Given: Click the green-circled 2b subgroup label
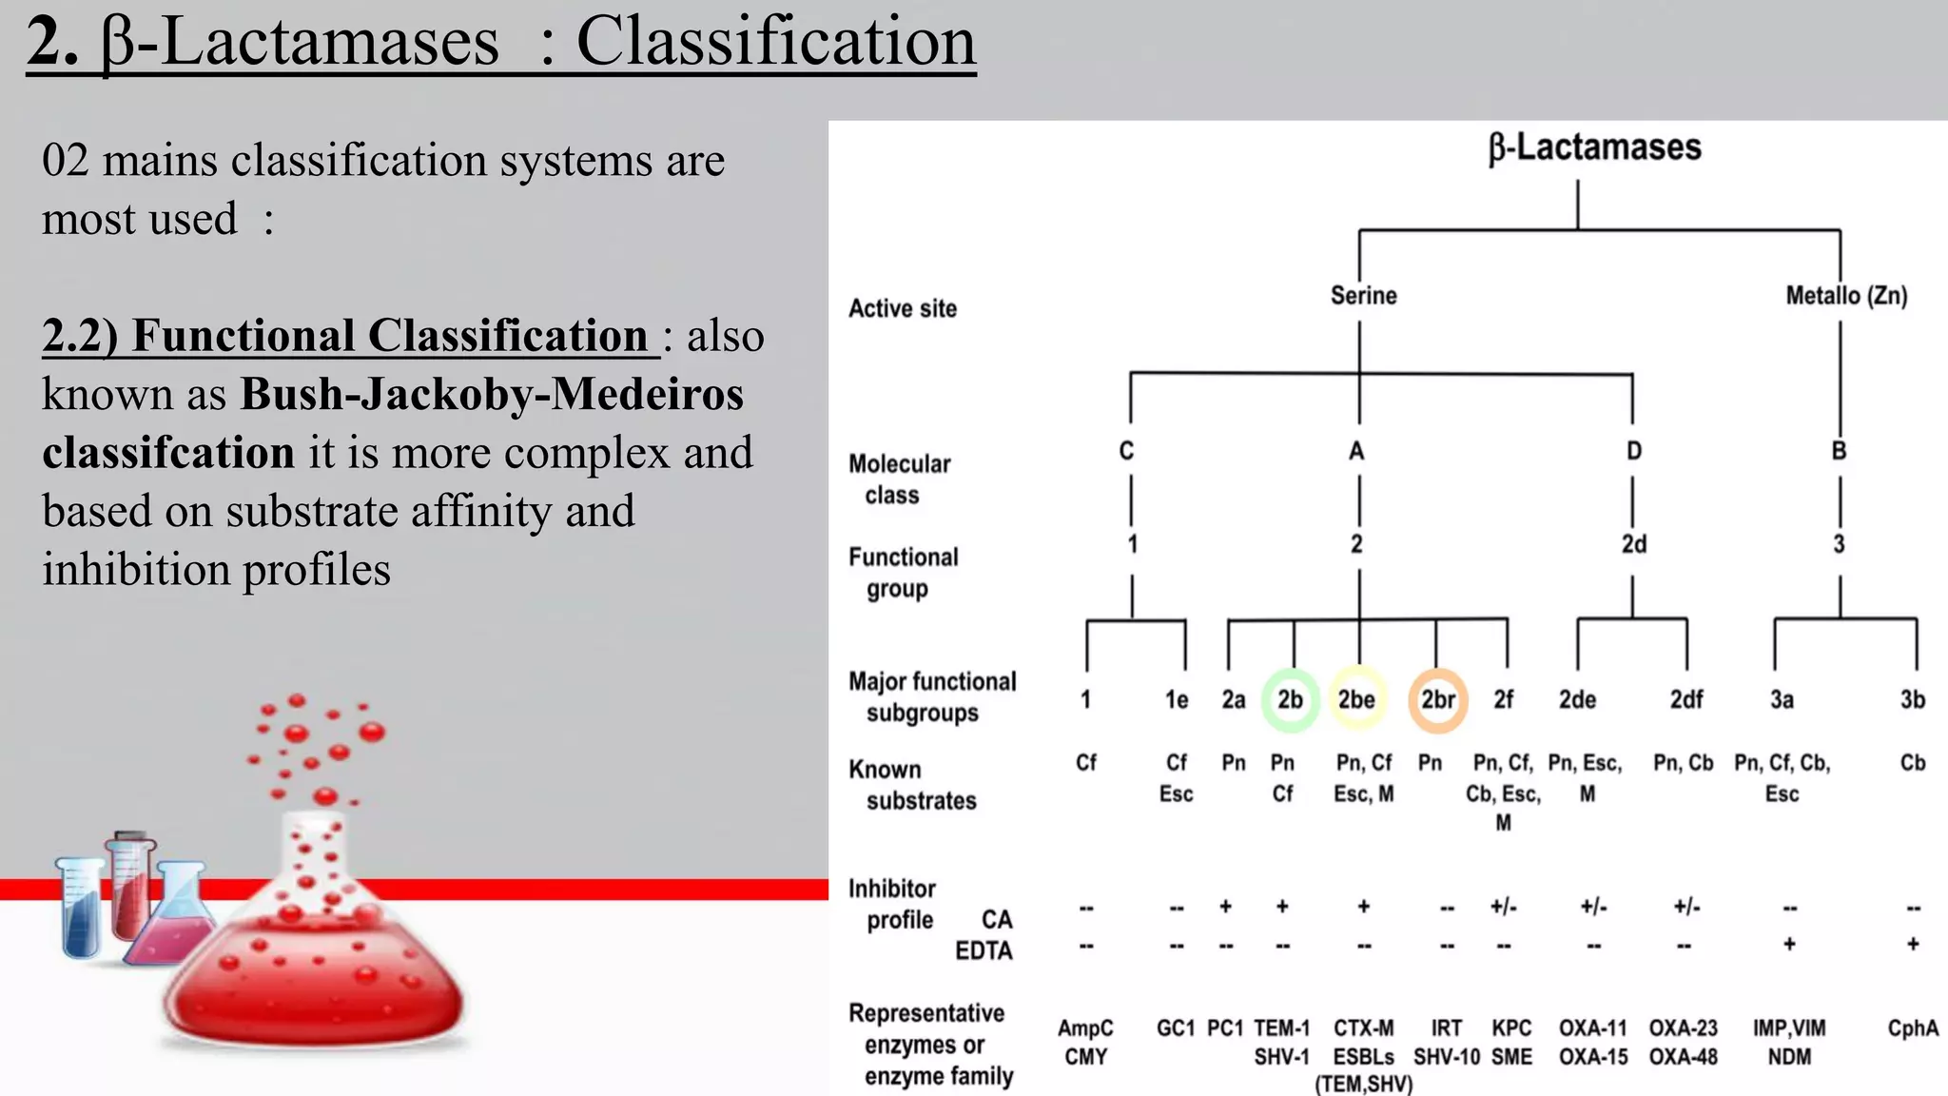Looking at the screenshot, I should pyautogui.click(x=1290, y=700).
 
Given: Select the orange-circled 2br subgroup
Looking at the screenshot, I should pyautogui.click(x=1437, y=700).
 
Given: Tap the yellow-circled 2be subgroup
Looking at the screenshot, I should pyautogui.click(x=1356, y=700).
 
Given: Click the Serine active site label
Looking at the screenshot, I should pyautogui.click(x=1363, y=296).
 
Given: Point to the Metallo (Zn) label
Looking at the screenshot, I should pyautogui.click(x=1845, y=296).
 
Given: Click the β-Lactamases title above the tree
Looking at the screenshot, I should pyautogui.click(x=1594, y=147).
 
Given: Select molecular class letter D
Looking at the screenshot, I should pyautogui.click(x=1633, y=451).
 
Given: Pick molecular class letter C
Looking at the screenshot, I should pyautogui.click(x=1126, y=451).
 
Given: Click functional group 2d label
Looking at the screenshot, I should pyautogui.click(x=1633, y=544).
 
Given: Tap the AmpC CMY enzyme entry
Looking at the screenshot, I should pyautogui.click(x=1085, y=1043).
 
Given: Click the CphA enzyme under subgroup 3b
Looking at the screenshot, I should pyautogui.click(x=1912, y=1028).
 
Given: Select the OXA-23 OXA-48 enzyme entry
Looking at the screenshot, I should pyautogui.click(x=1683, y=1043).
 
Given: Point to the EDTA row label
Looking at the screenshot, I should pyautogui.click(x=983, y=951).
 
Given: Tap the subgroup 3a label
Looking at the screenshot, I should pyautogui.click(x=1782, y=700).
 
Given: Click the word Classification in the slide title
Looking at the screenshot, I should pyautogui.click(x=775, y=42).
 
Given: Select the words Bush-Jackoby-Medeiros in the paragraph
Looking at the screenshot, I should pyautogui.click(x=492, y=394).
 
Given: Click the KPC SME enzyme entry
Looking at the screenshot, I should pyautogui.click(x=1510, y=1043).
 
